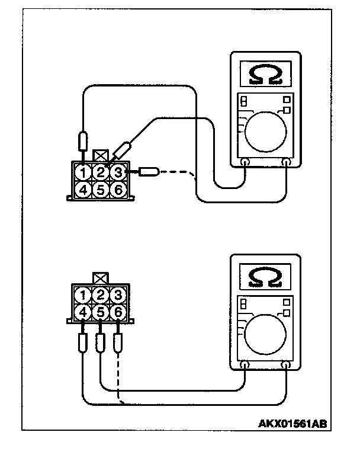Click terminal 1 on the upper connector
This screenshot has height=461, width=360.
[x=86, y=173]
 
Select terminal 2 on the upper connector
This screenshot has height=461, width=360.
[x=102, y=173]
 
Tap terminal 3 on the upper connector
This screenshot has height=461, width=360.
[x=118, y=172]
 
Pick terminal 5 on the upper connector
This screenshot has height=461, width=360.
[x=102, y=190]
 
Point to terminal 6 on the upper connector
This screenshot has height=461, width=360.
[x=118, y=190]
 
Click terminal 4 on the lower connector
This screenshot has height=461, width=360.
[x=85, y=311]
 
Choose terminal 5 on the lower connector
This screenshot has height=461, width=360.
[x=101, y=311]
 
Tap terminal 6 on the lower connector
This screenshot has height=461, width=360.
[x=118, y=311]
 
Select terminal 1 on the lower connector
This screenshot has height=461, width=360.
[x=85, y=294]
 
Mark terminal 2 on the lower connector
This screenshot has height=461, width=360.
[x=101, y=294]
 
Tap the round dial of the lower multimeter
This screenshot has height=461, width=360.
[x=265, y=333]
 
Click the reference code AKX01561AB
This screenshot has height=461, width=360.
[x=292, y=424]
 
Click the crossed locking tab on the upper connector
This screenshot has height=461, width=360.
[x=101, y=156]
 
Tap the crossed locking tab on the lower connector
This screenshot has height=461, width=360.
[x=100, y=277]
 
